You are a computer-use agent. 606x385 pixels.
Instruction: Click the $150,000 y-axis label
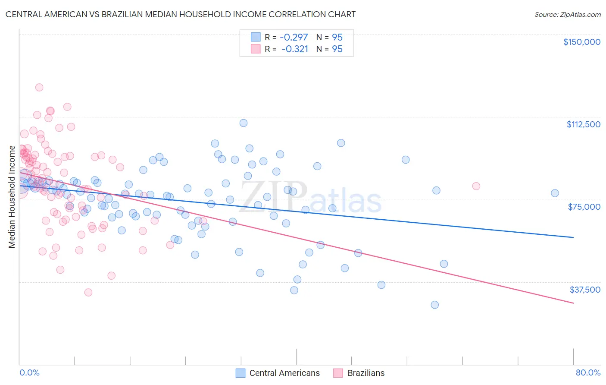point(581,42)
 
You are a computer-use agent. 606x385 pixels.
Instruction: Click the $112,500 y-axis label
point(583,124)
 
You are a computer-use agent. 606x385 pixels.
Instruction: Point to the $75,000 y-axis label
point(584,207)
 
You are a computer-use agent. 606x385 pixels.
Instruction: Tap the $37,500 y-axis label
point(585,290)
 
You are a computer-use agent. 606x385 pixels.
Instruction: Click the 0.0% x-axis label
point(29,372)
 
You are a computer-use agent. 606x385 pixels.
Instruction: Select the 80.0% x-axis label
point(588,372)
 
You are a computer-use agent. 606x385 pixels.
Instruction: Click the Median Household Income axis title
point(12,197)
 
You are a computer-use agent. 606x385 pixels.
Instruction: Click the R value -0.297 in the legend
point(294,37)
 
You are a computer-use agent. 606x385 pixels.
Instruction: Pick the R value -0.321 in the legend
point(295,49)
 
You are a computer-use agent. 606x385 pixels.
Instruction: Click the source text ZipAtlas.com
point(567,14)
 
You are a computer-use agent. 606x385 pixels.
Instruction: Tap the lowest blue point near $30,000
point(434,305)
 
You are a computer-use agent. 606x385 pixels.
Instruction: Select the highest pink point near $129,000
point(39,87)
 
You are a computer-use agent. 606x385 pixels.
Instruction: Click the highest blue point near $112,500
point(244,123)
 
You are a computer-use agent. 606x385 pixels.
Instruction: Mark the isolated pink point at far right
point(476,186)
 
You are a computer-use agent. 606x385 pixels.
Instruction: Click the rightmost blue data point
point(555,193)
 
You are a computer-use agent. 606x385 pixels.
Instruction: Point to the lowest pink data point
point(88,292)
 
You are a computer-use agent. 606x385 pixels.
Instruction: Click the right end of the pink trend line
point(573,303)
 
